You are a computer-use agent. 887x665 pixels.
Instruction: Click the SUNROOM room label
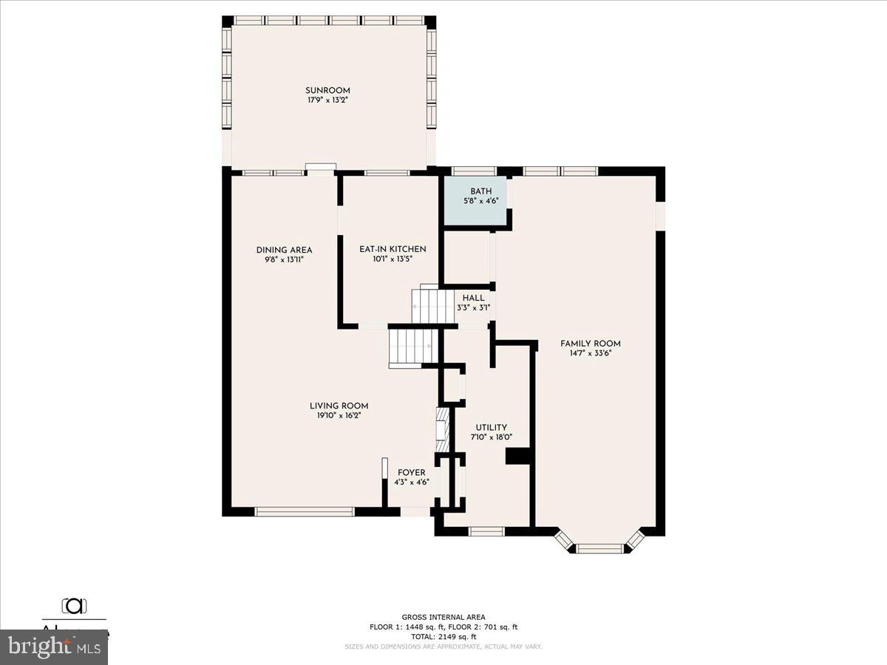coord(327,90)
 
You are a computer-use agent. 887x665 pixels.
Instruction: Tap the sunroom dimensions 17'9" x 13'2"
coord(327,99)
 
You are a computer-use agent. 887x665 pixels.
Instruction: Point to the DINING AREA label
coord(284,250)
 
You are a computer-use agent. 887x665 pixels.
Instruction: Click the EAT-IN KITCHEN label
coord(392,249)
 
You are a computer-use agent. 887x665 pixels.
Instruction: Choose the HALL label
coord(474,298)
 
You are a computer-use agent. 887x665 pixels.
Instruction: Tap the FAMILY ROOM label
coord(590,344)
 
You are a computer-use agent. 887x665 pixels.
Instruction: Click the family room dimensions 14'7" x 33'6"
coord(590,353)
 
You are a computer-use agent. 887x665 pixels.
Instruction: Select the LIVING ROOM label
coord(339,406)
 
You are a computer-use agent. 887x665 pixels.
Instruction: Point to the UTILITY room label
coord(491,427)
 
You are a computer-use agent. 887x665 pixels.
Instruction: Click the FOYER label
coord(411,473)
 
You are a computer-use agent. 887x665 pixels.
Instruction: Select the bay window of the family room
coord(599,547)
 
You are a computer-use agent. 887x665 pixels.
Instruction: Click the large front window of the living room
coord(305,511)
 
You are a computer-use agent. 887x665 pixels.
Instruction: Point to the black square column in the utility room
coord(519,456)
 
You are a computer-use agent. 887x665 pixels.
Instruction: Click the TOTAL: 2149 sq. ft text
coord(443,636)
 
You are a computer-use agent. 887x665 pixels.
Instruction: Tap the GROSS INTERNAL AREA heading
coord(443,617)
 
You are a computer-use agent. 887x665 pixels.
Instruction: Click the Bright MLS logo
coord(53,647)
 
